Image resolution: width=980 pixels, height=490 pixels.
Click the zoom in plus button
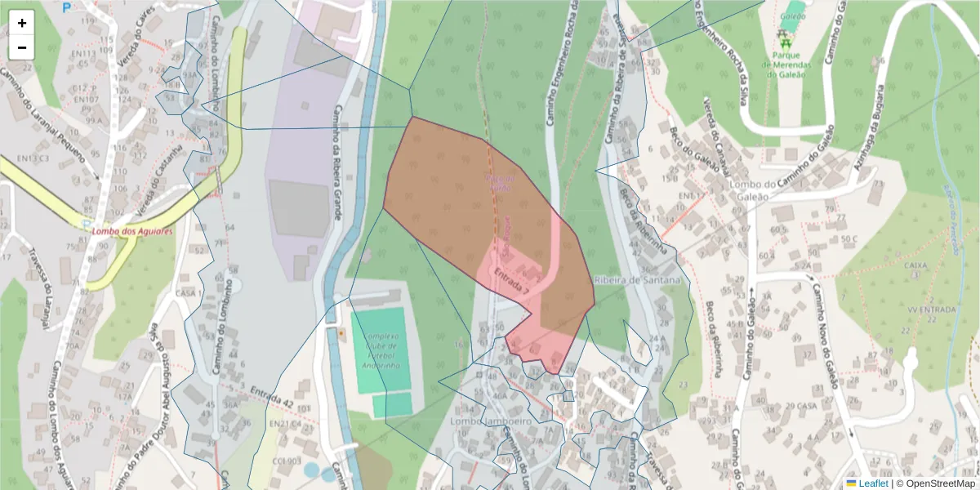(x=22, y=23)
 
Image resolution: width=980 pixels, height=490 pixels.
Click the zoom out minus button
(x=22, y=47)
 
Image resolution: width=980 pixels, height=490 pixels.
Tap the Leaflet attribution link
(x=873, y=483)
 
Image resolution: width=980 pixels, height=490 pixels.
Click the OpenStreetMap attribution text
(x=937, y=483)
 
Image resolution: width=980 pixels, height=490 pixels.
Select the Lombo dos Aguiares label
(x=133, y=231)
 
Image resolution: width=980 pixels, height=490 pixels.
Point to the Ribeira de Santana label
(x=638, y=280)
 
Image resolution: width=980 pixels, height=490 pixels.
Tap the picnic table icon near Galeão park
(x=785, y=38)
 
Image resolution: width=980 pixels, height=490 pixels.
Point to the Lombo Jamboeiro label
(x=491, y=421)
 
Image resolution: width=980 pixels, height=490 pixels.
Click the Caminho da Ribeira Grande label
(x=336, y=163)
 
